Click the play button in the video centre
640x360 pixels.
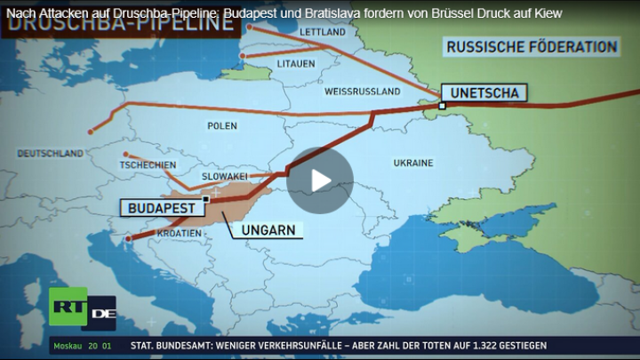320,180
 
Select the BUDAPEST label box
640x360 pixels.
161,206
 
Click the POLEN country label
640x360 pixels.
222,126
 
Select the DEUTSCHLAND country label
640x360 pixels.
49,154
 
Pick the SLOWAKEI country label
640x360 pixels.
224,176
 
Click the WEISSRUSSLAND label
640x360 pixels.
359,92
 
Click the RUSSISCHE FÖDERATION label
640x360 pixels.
532,46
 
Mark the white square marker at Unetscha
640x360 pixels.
442,106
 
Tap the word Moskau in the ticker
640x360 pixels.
68,346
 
